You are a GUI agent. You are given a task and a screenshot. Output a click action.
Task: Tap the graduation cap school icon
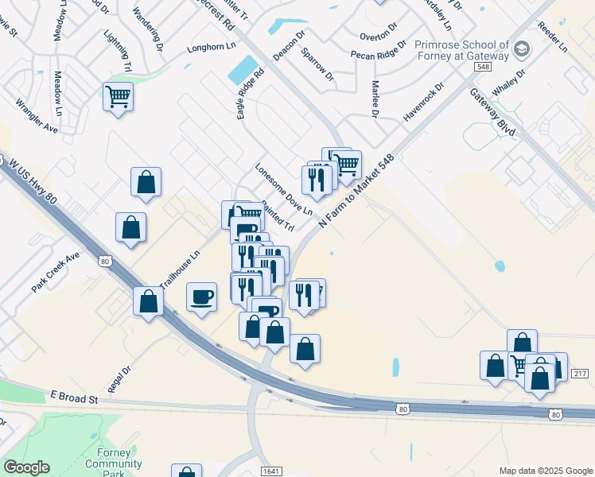click(522, 49)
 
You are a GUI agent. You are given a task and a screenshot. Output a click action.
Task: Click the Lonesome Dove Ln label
click(283, 189)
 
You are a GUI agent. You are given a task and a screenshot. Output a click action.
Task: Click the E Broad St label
click(73, 396)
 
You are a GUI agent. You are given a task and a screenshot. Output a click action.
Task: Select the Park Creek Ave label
click(56, 272)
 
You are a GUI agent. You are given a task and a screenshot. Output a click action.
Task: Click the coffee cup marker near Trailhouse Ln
click(201, 297)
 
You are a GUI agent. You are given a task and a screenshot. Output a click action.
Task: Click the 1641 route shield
click(270, 471)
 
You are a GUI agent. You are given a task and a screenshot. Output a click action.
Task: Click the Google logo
click(26, 467)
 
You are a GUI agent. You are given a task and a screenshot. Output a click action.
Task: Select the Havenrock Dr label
click(422, 103)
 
